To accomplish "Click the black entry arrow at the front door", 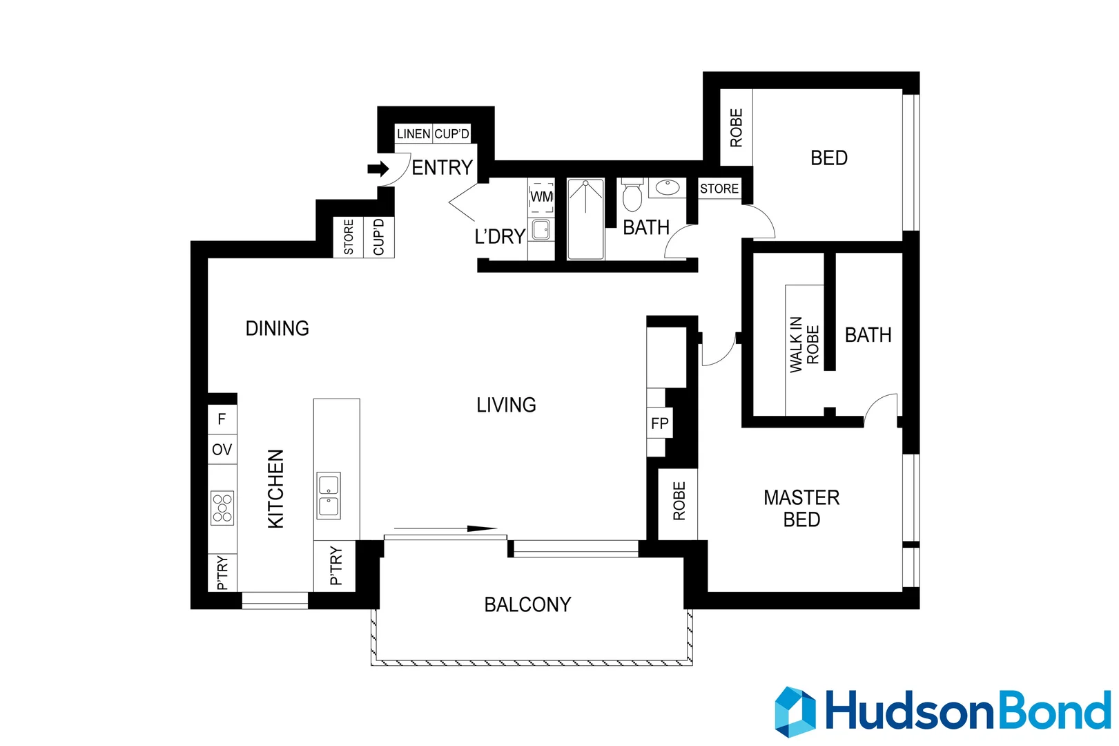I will [378, 169].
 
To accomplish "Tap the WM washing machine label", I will [541, 197].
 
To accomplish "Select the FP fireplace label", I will [659, 423].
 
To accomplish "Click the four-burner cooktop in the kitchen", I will [222, 508].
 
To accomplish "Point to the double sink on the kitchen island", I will [329, 495].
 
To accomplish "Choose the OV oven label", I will [222, 450].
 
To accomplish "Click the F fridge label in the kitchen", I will [222, 419].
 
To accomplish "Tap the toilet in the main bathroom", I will [632, 196].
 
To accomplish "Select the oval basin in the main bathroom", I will [667, 187].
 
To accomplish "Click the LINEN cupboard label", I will [413, 134].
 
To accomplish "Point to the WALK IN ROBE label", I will [804, 344].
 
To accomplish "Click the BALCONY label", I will [527, 605].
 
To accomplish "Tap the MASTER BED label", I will [801, 508].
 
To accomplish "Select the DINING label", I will [277, 328].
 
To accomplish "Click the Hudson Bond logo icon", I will [795, 711].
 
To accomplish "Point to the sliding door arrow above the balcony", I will [445, 529].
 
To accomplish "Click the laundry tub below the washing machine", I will [541, 229].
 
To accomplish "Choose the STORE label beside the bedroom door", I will [719, 189].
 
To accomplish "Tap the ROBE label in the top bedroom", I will [736, 128].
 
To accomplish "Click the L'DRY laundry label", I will [500, 237].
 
